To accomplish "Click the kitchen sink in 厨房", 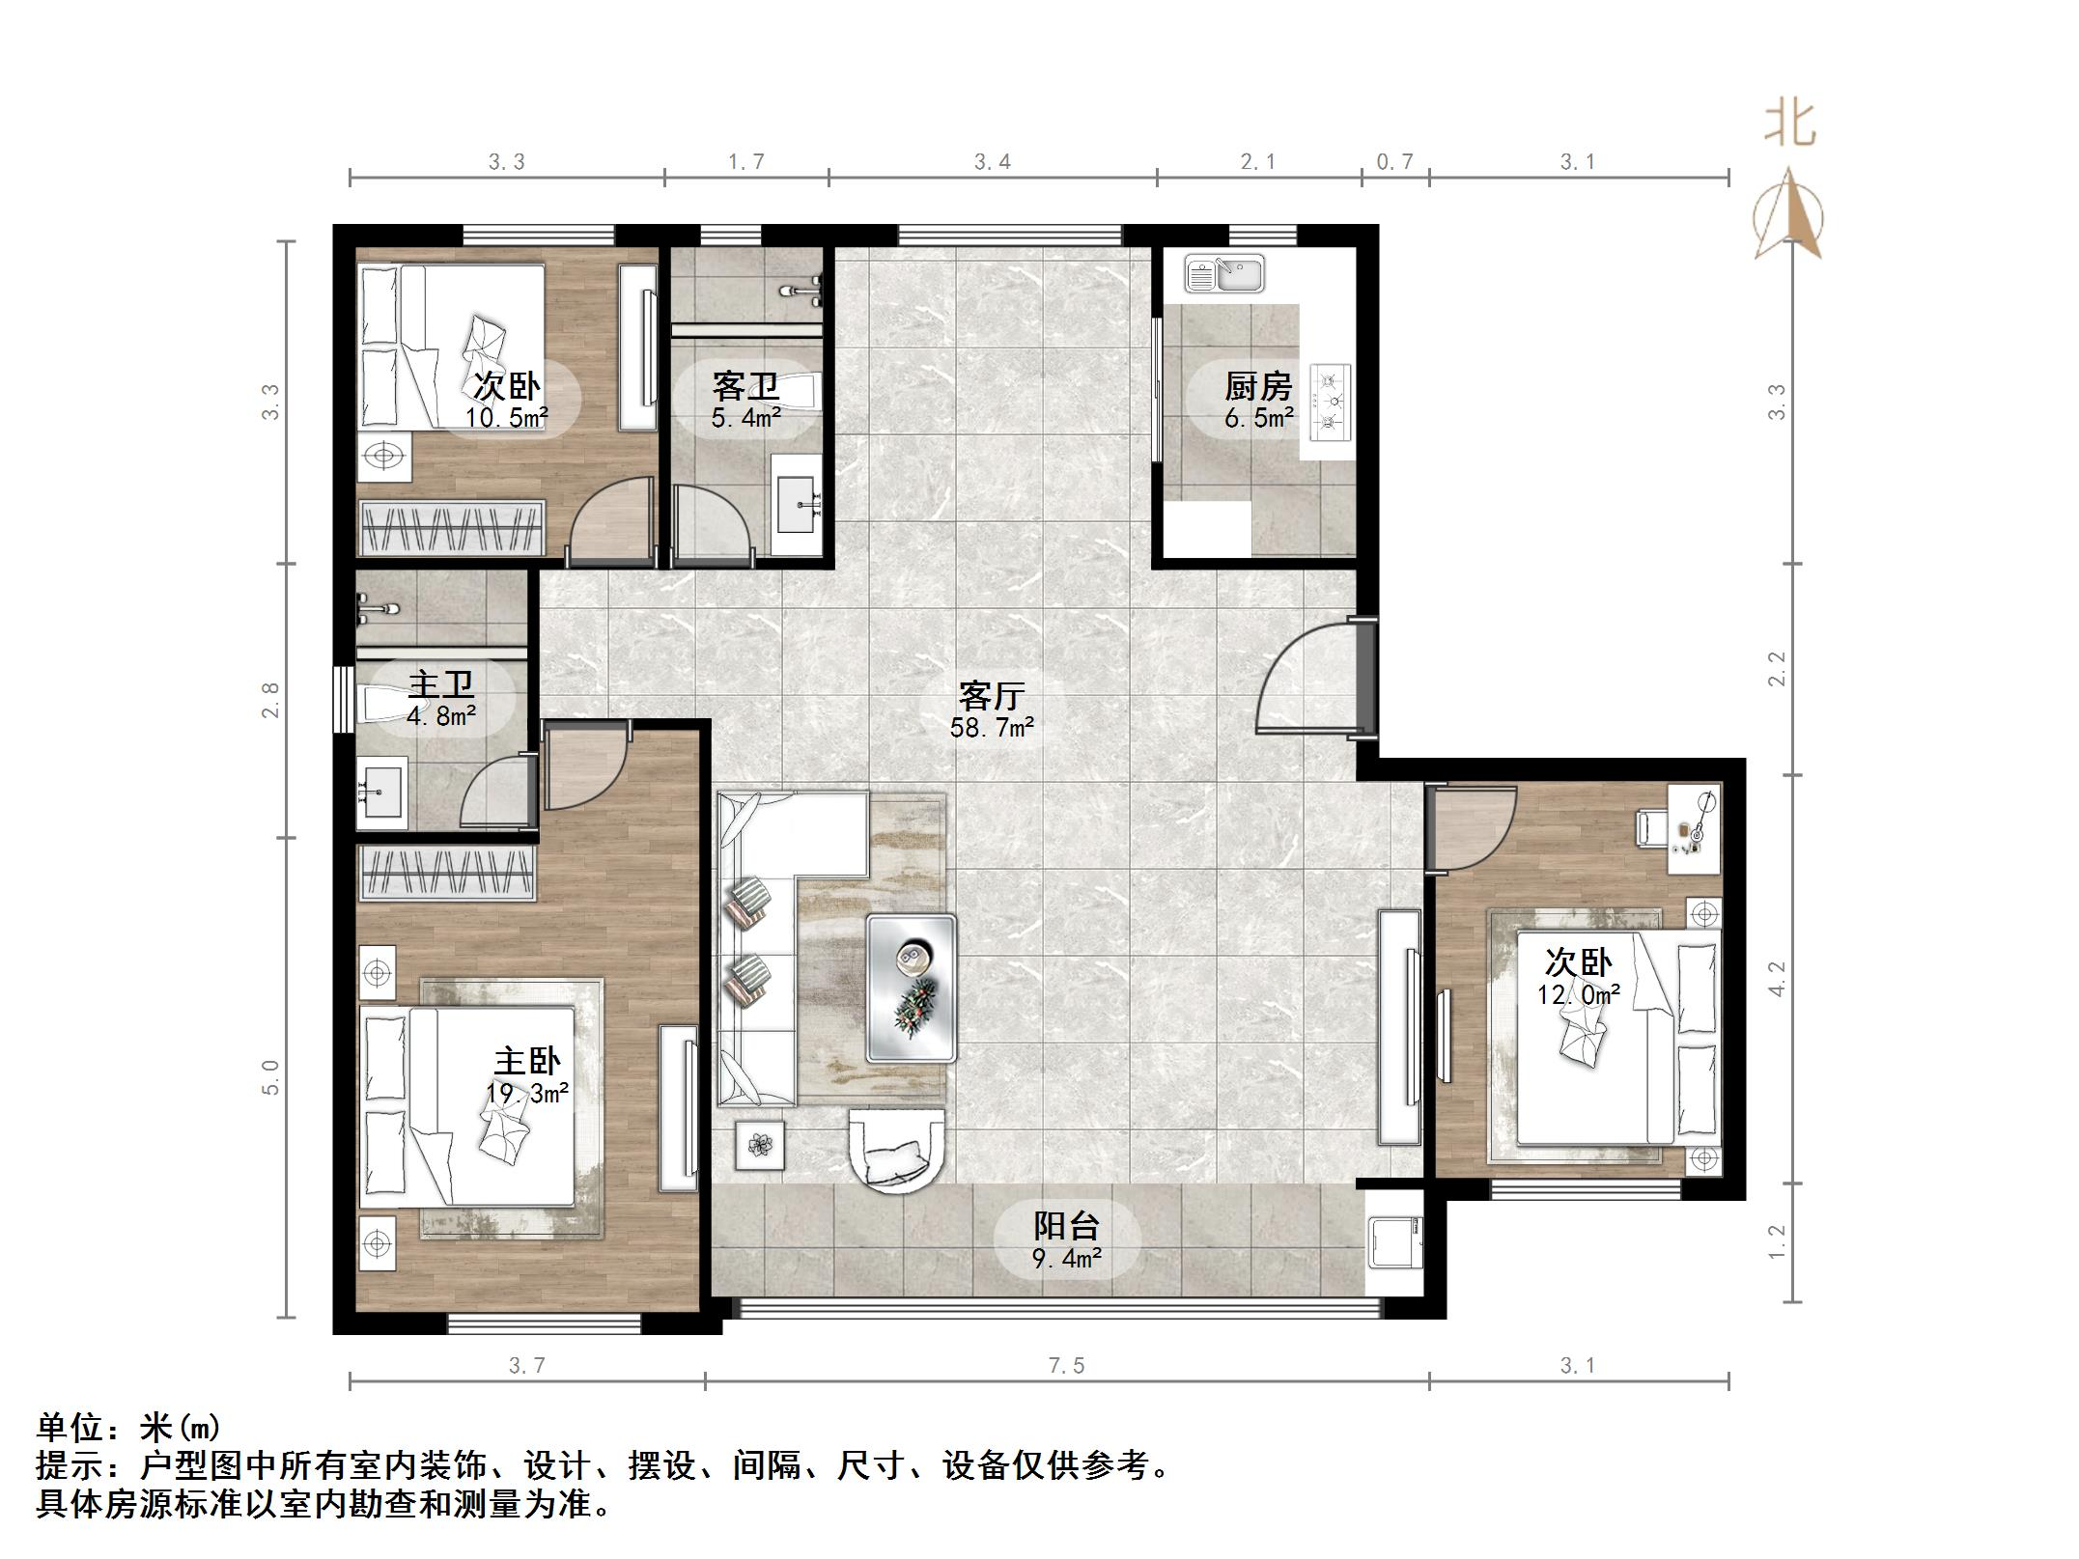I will point(1223,274).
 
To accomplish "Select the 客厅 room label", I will point(991,696).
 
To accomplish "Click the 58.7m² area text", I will point(991,728).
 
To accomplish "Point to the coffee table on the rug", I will point(912,988).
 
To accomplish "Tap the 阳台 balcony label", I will point(1066,1226).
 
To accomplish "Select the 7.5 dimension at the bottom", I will point(1066,1366).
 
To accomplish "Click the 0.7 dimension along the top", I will point(1394,162).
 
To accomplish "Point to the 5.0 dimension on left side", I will point(270,1077).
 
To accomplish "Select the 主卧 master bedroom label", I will point(526,1062).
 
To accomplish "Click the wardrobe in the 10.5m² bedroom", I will point(452,528).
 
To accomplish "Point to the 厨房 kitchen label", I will point(1258,387).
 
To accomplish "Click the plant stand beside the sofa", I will point(760,1146).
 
